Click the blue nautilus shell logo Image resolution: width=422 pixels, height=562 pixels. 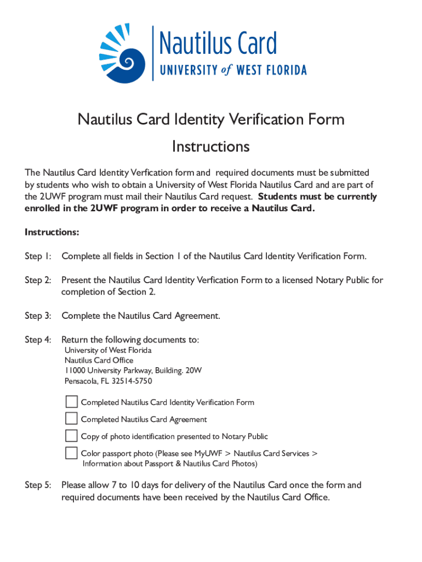click(x=122, y=53)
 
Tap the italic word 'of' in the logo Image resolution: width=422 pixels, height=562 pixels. click(x=226, y=70)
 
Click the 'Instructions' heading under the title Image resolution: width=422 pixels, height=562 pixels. click(x=210, y=147)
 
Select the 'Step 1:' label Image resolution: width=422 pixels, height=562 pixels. click(x=38, y=256)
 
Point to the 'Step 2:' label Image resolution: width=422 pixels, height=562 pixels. click(x=38, y=280)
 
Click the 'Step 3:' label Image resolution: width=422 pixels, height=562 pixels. click(x=38, y=316)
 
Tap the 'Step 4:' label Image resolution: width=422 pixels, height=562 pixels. click(x=38, y=340)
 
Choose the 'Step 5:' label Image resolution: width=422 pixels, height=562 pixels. click(x=38, y=485)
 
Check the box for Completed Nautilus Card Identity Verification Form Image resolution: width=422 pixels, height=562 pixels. click(x=71, y=402)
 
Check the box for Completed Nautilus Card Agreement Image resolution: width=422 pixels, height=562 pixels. click(x=71, y=419)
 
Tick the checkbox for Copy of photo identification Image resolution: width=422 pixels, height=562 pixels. click(x=71, y=436)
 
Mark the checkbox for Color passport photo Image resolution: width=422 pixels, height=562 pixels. click(x=71, y=453)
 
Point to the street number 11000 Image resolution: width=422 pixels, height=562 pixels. click(x=75, y=370)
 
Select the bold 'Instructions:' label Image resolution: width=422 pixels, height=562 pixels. click(x=52, y=232)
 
